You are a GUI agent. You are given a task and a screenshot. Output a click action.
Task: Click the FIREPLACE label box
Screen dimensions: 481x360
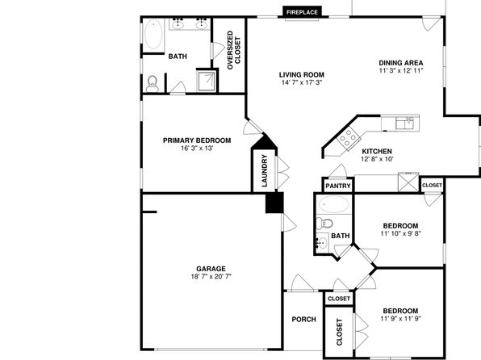click(x=302, y=12)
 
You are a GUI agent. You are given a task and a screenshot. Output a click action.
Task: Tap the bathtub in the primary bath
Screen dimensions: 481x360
click(x=153, y=35)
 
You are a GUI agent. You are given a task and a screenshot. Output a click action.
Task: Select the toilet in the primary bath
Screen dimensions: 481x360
click(x=153, y=84)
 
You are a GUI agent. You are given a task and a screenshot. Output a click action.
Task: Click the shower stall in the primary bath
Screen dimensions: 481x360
click(x=206, y=81)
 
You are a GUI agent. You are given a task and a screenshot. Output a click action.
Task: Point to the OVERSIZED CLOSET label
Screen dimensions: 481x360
click(x=234, y=50)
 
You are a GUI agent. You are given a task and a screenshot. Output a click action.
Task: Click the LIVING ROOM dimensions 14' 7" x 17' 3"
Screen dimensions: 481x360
click(x=302, y=82)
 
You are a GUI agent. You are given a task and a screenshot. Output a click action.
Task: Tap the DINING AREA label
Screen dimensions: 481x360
click(x=400, y=63)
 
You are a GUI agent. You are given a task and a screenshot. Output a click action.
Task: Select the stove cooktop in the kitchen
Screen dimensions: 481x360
click(x=348, y=139)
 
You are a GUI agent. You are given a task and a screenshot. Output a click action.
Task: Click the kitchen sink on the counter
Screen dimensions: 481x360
click(x=404, y=123)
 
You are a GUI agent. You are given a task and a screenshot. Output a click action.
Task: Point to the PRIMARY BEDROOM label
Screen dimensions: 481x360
click(x=197, y=140)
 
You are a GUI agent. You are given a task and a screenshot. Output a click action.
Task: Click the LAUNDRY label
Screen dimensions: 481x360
click(x=265, y=170)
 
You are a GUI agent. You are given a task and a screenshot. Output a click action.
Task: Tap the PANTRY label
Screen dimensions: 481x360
click(x=338, y=186)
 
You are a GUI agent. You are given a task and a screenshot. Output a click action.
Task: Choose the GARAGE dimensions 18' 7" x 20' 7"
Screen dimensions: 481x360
click(x=211, y=277)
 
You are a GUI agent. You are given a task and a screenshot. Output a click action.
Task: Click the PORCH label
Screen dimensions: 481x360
click(x=303, y=320)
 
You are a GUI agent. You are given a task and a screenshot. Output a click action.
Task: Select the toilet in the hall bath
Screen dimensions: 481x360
click(x=324, y=223)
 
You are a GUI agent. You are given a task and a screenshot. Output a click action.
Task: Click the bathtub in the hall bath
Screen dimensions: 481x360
click(x=333, y=204)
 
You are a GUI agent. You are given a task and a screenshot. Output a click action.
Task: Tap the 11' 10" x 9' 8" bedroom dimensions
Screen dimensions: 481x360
click(x=400, y=233)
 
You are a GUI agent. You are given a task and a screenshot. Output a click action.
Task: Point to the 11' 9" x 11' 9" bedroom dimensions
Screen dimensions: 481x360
click(x=400, y=319)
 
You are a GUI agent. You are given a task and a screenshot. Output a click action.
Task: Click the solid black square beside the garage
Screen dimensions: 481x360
click(x=274, y=203)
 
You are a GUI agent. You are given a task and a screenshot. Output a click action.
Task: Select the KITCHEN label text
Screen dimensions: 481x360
click(x=377, y=151)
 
